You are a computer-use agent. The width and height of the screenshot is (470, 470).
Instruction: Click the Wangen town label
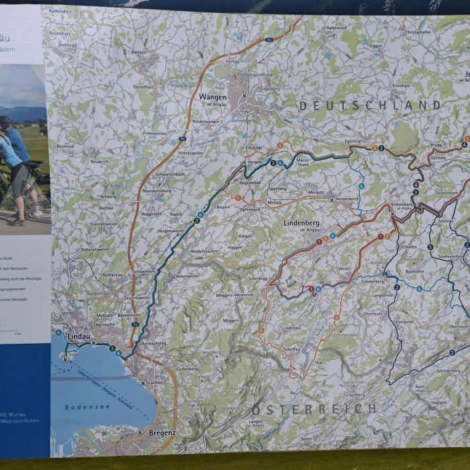coord(212,97)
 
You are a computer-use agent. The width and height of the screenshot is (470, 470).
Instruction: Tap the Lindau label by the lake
coord(79,335)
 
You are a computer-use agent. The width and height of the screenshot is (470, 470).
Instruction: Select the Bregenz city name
coord(162,433)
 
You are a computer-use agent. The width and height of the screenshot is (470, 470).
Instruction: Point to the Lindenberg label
coord(301,222)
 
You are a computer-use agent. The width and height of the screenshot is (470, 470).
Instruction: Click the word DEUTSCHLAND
coord(369,105)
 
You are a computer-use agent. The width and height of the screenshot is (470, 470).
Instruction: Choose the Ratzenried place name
coord(336,29)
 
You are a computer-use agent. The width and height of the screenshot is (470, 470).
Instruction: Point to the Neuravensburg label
coord(158,191)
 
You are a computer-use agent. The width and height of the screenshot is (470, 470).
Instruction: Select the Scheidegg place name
coord(257,278)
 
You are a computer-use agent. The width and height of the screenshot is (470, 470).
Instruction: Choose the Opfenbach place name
coord(249,209)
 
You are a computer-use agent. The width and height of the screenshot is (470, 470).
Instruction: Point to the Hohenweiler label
coord(187,275)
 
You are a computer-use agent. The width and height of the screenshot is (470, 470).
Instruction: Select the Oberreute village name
coord(373,314)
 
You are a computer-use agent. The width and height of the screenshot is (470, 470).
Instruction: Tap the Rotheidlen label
coord(60,11)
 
